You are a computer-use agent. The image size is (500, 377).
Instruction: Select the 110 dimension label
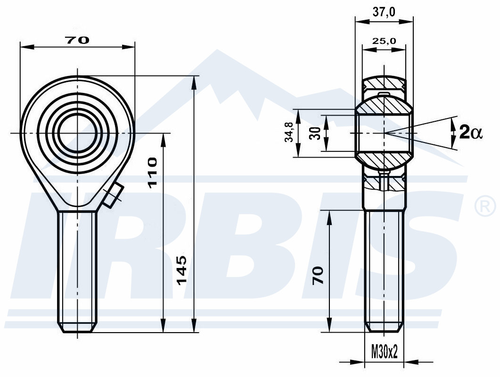tap(152, 173)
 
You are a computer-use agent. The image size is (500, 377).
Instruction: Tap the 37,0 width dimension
tap(384, 12)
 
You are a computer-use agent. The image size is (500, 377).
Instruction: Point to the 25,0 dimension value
tap(384, 41)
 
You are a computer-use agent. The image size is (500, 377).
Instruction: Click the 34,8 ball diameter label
tap(289, 132)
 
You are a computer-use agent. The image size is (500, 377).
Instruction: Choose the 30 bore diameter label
tap(315, 133)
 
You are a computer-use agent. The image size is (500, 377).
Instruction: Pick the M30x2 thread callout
tap(385, 352)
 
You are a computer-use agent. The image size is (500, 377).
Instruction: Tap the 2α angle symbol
tap(471, 132)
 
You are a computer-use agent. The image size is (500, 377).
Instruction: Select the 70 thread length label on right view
tap(318, 275)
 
